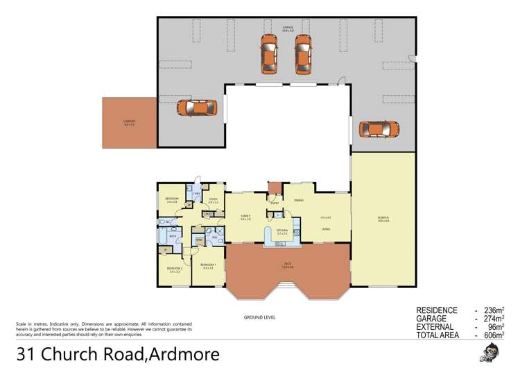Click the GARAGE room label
pos(288,29)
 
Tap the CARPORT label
pos(129,122)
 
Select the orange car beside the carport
pos(197,108)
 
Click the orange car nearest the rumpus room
pos(379,129)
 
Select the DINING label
pos(299,201)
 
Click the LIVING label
pos(326,228)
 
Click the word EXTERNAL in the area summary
pos(435,326)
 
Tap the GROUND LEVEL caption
pos(259,317)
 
